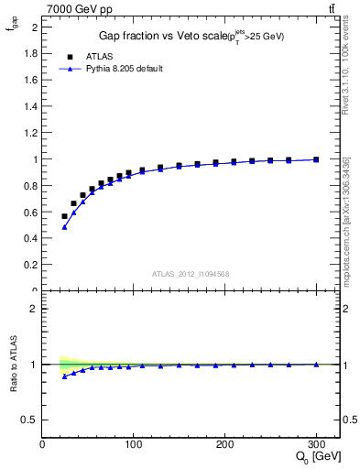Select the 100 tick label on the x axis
pos(134,444)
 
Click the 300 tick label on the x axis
pos(316,444)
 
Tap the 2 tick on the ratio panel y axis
pos(35,309)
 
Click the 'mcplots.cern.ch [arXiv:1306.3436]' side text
pos(345,220)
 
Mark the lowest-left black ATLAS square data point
pos(64,216)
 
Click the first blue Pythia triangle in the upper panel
pos(64,227)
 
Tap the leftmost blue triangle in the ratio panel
pos(64,376)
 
